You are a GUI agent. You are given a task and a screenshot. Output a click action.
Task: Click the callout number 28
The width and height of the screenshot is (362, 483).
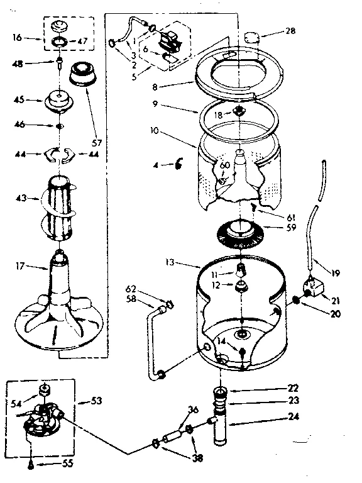(273, 30)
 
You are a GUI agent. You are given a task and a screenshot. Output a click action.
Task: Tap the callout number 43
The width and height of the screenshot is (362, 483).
(21, 199)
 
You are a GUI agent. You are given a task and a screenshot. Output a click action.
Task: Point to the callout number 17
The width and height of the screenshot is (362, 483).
(21, 267)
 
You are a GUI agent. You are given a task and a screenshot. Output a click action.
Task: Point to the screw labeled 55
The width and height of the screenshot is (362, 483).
(31, 465)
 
